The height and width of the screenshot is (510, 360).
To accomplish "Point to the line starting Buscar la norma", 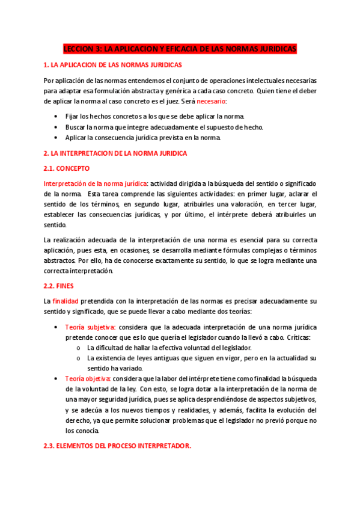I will pos(164,127).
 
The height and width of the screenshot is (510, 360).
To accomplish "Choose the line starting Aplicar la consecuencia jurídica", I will pos(143,138).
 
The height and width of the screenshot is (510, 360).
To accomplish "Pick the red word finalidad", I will pos(66,300).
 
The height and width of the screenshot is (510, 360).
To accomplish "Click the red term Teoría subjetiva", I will pos(90,327).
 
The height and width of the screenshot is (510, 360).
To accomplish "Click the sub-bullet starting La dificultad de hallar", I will pos(169,348).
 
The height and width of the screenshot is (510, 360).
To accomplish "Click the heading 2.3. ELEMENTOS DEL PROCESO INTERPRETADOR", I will pos(118,446).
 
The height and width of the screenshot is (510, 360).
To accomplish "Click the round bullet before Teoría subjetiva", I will pos(56,327).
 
